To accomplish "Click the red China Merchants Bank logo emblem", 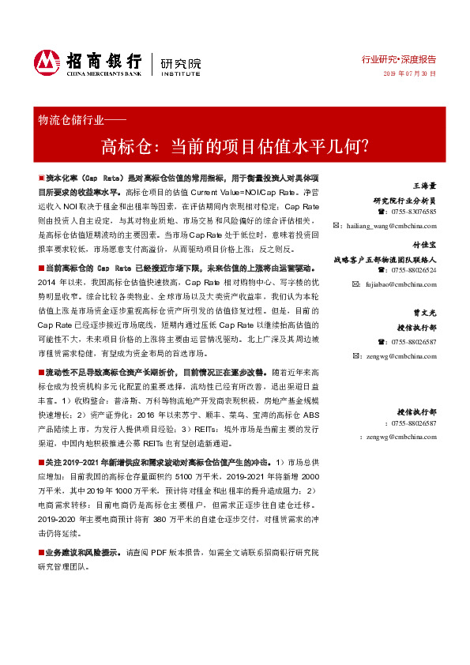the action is point(47,61).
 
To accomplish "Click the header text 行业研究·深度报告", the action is point(399,58).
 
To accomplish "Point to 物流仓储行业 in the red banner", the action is point(71,121).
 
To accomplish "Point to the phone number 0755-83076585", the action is point(412,212).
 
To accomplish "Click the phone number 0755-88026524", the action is point(412,270).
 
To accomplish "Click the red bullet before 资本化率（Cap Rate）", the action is point(41,180).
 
